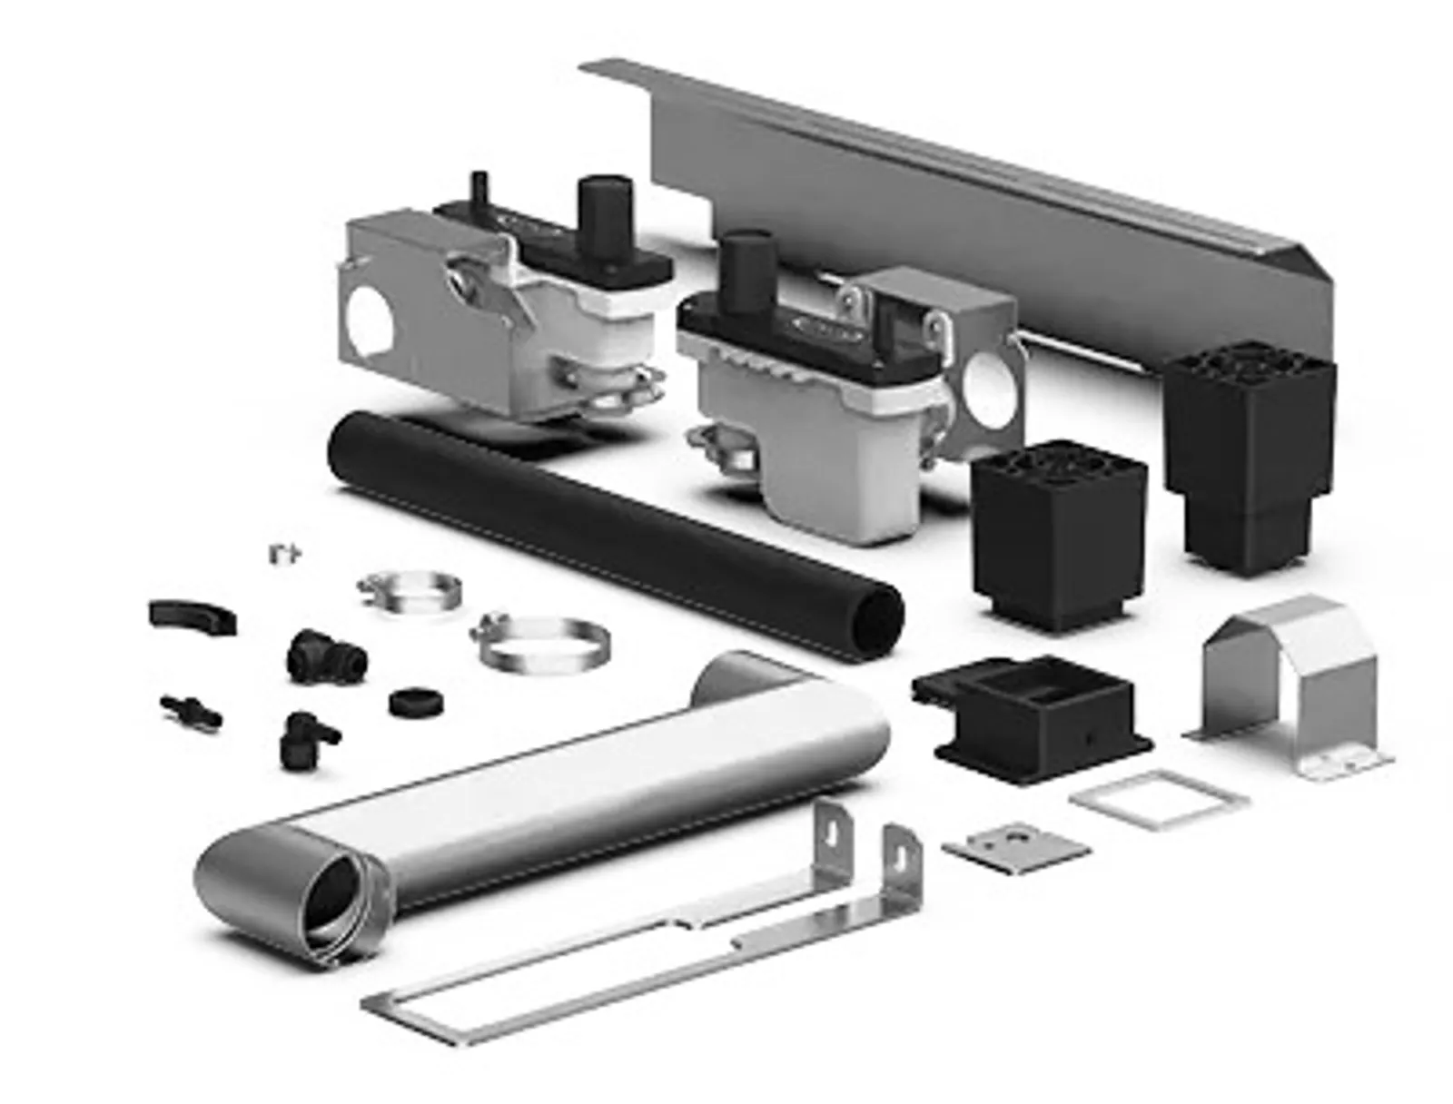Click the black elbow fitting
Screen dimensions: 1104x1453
pyautogui.click(x=304, y=737)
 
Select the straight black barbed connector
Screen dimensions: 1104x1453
pyautogui.click(x=191, y=709)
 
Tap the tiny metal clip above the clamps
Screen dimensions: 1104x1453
pyautogui.click(x=285, y=553)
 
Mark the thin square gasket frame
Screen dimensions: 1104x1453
pyautogui.click(x=1158, y=800)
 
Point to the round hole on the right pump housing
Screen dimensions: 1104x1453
pyautogui.click(x=992, y=386)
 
